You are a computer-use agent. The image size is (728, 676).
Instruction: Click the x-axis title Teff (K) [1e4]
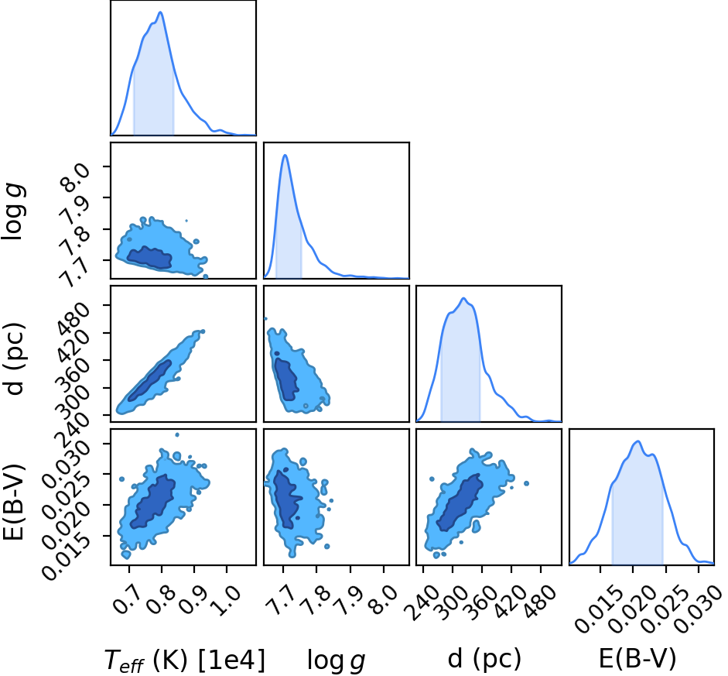click(x=185, y=660)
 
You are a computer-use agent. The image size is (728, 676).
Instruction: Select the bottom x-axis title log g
click(x=336, y=660)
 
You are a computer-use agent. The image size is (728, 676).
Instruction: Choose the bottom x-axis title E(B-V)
click(x=637, y=658)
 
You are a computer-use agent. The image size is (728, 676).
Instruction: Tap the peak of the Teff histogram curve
click(x=161, y=12)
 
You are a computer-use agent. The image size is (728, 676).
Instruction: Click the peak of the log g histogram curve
click(x=285, y=155)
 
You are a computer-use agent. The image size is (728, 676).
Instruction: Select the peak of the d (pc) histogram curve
click(x=463, y=298)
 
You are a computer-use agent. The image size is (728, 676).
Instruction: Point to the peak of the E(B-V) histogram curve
click(x=638, y=441)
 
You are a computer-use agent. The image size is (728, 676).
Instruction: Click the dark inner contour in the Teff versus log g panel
click(x=149, y=257)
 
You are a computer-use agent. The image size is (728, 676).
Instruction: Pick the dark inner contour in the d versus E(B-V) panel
click(x=460, y=503)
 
